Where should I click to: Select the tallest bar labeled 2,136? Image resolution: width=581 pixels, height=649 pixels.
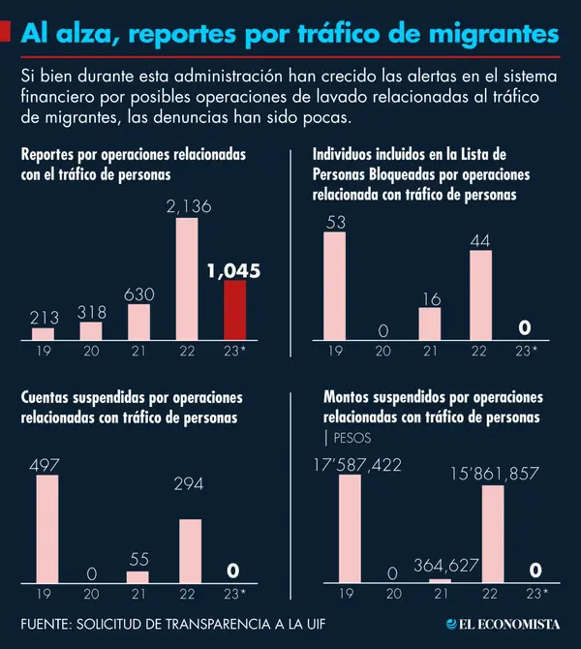pos(186,279)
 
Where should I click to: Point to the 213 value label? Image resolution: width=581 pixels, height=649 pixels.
pos(44,317)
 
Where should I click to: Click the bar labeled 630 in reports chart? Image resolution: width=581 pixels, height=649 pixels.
pos(138,322)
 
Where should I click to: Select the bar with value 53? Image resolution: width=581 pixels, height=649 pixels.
pos(334,286)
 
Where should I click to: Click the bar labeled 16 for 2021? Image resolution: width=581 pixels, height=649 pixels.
pos(430,323)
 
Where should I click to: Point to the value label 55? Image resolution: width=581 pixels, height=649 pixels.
pos(139,560)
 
